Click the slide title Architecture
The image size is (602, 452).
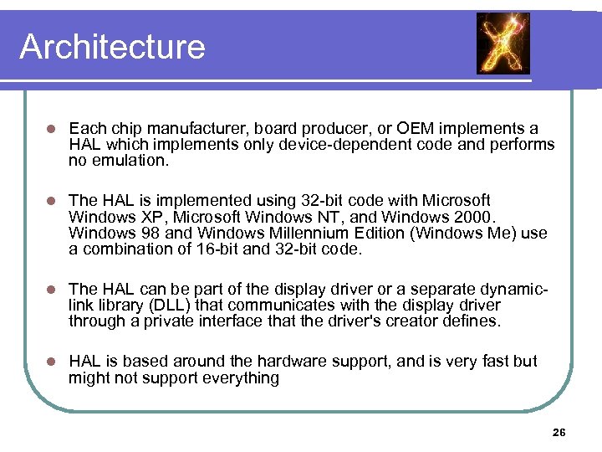pyautogui.click(x=112, y=47)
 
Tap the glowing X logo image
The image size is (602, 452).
pyautogui.click(x=503, y=44)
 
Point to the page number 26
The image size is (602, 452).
pyautogui.click(x=559, y=433)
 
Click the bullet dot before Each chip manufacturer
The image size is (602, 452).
pyautogui.click(x=50, y=129)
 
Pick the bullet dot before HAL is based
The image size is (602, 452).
pyautogui.click(x=50, y=362)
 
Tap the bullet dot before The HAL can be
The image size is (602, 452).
pyautogui.click(x=50, y=289)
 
